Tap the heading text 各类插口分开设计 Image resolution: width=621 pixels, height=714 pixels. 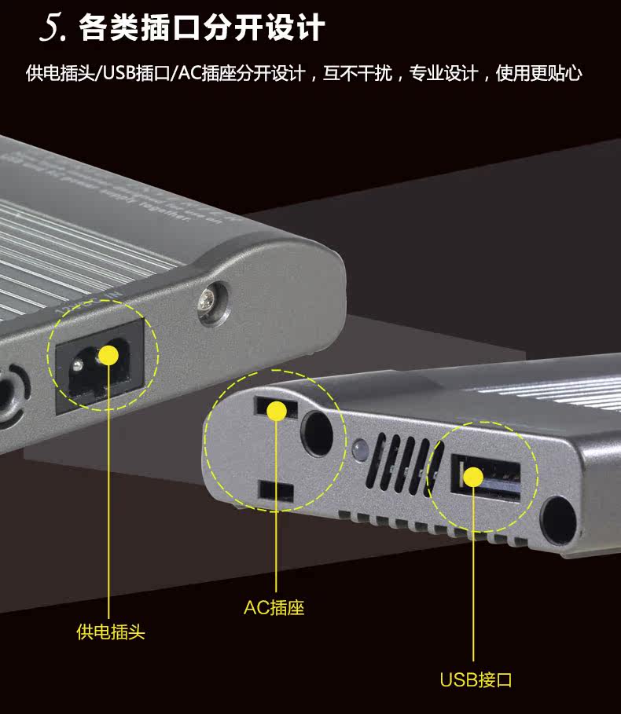click(x=201, y=28)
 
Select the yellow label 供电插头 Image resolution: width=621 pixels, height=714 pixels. click(x=111, y=632)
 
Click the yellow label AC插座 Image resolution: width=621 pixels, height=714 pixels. click(x=274, y=607)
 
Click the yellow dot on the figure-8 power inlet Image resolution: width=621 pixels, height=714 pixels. click(x=108, y=356)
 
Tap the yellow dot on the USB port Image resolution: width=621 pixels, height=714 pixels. click(x=472, y=476)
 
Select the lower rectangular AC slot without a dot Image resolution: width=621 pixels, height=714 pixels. click(x=275, y=491)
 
